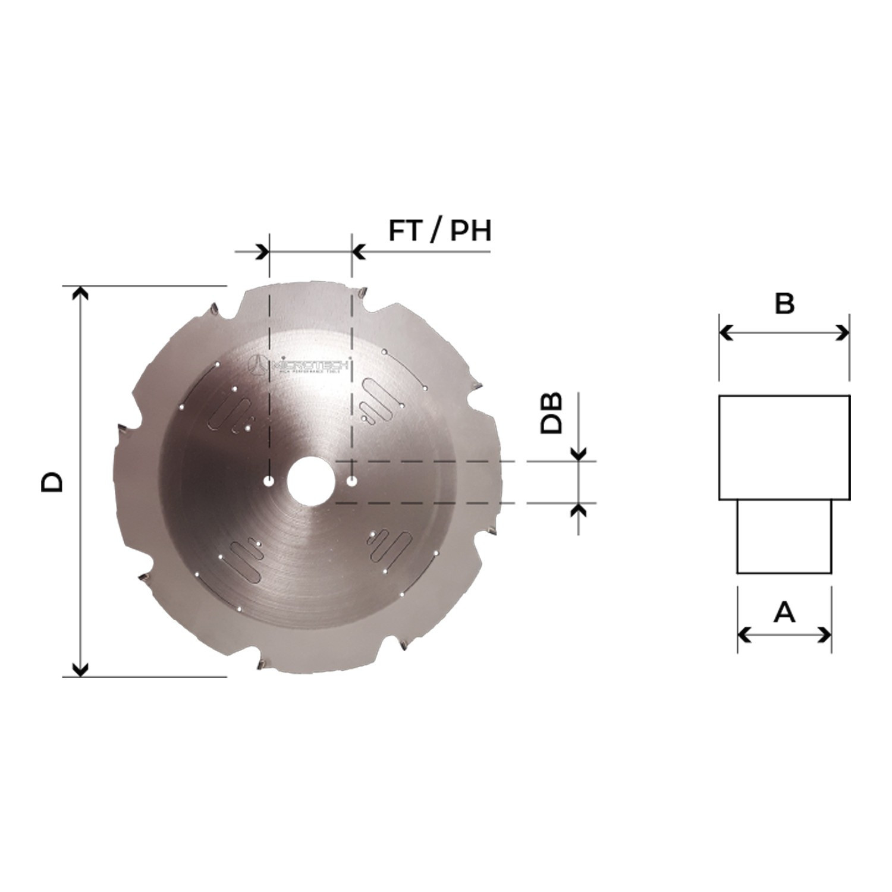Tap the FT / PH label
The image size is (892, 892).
440,231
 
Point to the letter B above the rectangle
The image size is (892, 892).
784,304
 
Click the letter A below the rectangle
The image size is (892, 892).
784,612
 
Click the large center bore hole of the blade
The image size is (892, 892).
310,480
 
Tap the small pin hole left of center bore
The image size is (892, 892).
269,480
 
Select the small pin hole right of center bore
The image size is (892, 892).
352,480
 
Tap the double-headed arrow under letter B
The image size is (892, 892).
784,333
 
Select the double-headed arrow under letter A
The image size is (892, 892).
784,635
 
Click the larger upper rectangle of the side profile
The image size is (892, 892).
784,447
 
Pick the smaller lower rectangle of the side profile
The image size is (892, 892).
784,536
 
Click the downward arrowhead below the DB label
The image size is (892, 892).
579,453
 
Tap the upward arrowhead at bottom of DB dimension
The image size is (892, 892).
579,510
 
